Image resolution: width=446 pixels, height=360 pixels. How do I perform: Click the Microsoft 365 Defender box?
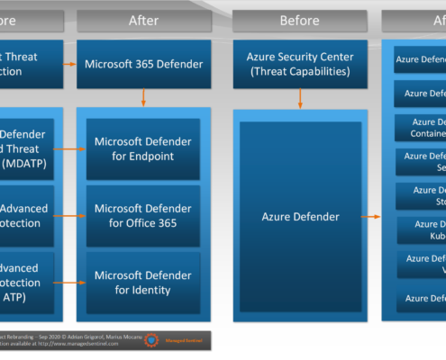coord(144,64)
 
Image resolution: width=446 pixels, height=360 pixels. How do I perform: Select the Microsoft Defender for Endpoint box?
coord(144,148)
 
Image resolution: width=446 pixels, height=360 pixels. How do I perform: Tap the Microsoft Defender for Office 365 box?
coord(144,215)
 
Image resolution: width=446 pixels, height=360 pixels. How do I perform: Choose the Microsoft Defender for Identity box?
coord(144,282)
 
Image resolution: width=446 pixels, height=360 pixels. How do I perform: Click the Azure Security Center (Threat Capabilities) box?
coord(299,64)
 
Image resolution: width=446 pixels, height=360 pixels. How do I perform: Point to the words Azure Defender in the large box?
coord(299,217)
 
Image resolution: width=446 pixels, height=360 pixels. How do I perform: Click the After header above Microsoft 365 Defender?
coord(144,20)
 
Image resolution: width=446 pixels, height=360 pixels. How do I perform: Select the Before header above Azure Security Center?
coord(299,20)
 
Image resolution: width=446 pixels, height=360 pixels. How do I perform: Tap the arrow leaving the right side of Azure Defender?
coord(372,217)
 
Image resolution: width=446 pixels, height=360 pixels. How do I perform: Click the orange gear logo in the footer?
coord(151,340)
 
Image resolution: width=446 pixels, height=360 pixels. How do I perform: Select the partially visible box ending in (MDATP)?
coord(27,148)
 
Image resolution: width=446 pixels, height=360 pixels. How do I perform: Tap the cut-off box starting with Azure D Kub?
coord(421,229)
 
